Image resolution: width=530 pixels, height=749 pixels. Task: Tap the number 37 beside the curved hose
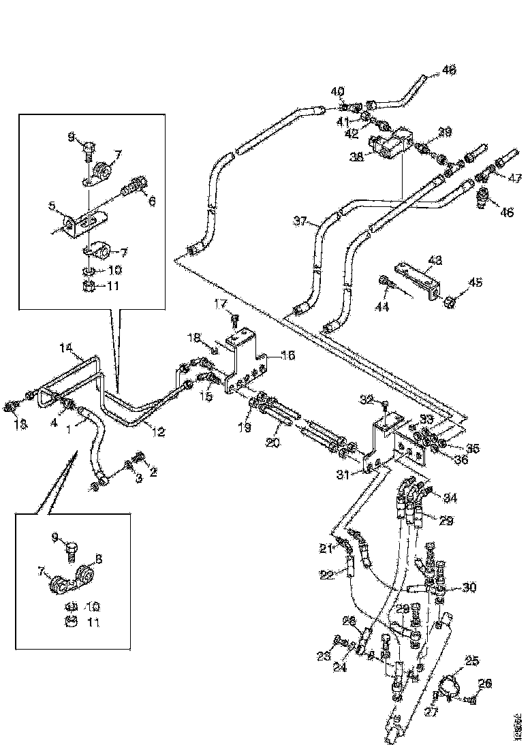[301, 221]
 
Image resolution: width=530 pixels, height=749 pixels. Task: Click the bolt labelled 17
[234, 318]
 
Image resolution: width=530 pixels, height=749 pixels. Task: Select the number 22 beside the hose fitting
[327, 574]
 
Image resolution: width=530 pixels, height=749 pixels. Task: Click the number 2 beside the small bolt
[153, 471]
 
